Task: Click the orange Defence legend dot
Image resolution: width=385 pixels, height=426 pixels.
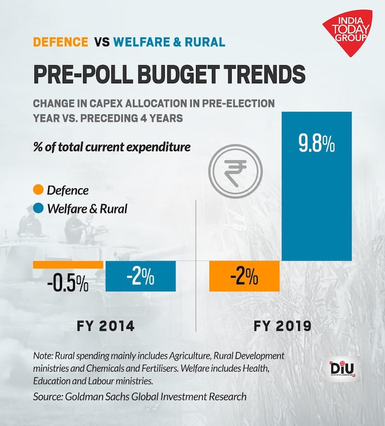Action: (x=38, y=190)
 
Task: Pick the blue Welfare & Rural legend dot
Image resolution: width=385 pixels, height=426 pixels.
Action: (x=38, y=209)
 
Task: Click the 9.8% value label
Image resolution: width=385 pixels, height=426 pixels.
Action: (x=317, y=144)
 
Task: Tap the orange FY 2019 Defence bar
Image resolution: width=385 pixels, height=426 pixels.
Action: (x=244, y=276)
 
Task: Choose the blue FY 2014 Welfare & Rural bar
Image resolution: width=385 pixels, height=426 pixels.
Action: (x=140, y=276)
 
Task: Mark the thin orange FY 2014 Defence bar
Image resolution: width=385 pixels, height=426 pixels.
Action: (x=68, y=264)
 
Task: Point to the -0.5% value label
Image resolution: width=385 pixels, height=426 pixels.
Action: (x=67, y=284)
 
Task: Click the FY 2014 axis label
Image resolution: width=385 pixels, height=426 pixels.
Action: (x=106, y=326)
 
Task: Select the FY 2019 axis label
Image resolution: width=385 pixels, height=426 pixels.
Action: (x=282, y=326)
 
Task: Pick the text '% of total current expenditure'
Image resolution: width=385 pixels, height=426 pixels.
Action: (x=111, y=147)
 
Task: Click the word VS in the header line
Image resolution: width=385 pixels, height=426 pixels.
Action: (x=101, y=42)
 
